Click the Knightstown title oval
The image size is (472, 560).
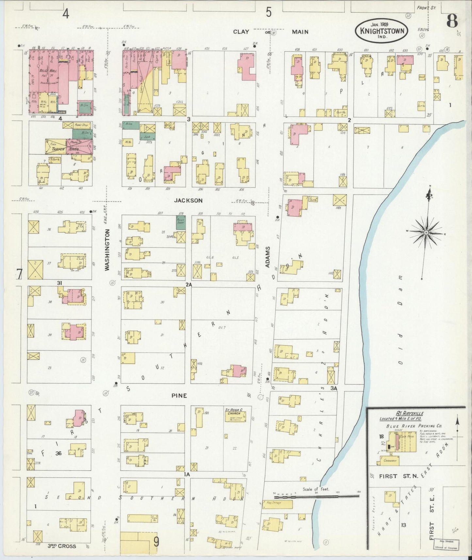coord(382,31)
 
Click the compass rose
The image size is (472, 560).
coord(426,232)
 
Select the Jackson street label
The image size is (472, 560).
coord(188,200)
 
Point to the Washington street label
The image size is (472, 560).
coord(107,250)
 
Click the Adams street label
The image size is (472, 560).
coord(268,257)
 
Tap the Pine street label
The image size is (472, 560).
coord(179,396)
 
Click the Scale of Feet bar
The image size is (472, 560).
coord(316,496)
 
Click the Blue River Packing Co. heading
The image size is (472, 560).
coord(414,426)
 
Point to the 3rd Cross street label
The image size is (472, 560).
coord(62,546)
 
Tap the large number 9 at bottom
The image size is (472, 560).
coord(156,542)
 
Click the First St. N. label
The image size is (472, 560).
coord(398,476)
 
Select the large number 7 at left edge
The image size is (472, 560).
coord(20,274)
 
